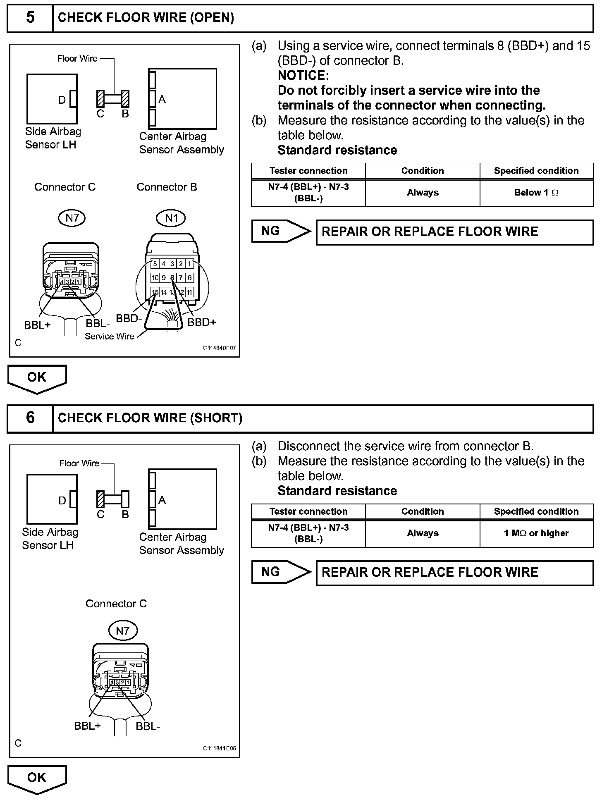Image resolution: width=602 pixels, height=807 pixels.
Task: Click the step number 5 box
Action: pyautogui.click(x=30, y=17)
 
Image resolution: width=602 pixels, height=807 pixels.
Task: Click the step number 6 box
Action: pyautogui.click(x=30, y=418)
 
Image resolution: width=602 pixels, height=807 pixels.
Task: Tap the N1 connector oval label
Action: pyautogui.click(x=171, y=218)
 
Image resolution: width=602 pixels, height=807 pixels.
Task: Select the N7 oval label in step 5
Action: pyautogui.click(x=72, y=217)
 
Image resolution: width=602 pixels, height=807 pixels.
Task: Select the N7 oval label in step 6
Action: pyautogui.click(x=122, y=630)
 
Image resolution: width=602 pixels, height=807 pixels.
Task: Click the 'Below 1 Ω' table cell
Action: pyautogui.click(x=536, y=193)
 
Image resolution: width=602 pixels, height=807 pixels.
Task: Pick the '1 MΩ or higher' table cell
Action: pyautogui.click(x=536, y=533)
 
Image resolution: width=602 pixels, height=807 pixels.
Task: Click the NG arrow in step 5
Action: pyautogui.click(x=281, y=231)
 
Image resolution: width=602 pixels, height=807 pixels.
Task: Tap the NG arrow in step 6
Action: pyautogui.click(x=281, y=572)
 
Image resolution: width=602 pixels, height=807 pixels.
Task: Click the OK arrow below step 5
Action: pyautogui.click(x=37, y=378)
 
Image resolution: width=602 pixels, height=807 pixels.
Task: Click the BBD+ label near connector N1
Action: pyautogui.click(x=202, y=322)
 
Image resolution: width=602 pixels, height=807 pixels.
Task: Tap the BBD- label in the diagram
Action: pyautogui.click(x=129, y=319)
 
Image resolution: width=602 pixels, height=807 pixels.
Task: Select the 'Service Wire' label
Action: pyautogui.click(x=110, y=337)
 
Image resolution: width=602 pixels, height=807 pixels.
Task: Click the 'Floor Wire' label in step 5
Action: pyautogui.click(x=77, y=59)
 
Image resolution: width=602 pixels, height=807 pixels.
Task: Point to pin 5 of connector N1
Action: pyautogui.click(x=155, y=264)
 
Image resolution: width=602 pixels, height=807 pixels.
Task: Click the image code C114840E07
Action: pyautogui.click(x=219, y=348)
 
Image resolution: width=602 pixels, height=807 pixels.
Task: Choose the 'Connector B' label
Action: pyautogui.click(x=167, y=187)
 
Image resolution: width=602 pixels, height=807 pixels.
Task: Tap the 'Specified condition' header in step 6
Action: pyautogui.click(x=536, y=511)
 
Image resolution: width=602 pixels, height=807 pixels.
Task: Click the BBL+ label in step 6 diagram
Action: pyautogui.click(x=87, y=726)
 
